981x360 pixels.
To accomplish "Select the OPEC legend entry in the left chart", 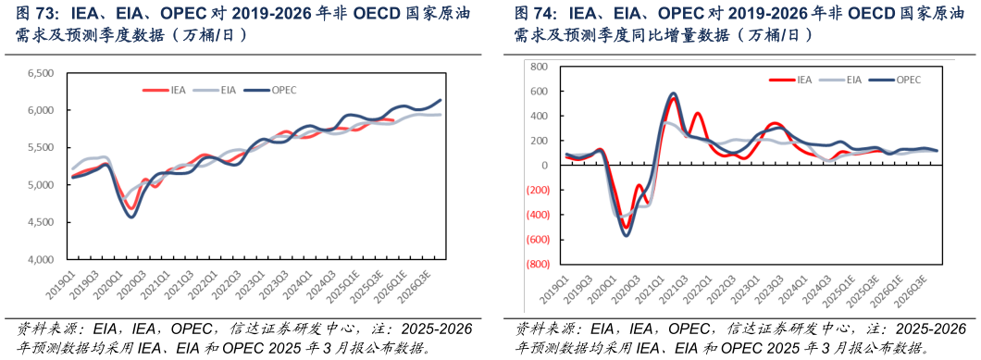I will pyautogui.click(x=282, y=90).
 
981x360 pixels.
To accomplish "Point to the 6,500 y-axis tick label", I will pyautogui.click(x=41, y=73).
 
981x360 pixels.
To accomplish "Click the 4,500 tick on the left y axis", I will pyautogui.click(x=41, y=222).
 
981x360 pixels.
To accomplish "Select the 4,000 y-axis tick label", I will pyautogui.click(x=41, y=260).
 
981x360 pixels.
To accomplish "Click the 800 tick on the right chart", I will pyautogui.click(x=538, y=68).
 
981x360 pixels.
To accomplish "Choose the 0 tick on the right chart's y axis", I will pyautogui.click(x=543, y=166).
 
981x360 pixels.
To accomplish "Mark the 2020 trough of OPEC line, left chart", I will pyautogui.click(x=131, y=217).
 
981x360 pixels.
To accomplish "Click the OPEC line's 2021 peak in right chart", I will pyautogui.click(x=673, y=93).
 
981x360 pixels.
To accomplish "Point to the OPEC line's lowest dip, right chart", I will pyautogui.click(x=626, y=235).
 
